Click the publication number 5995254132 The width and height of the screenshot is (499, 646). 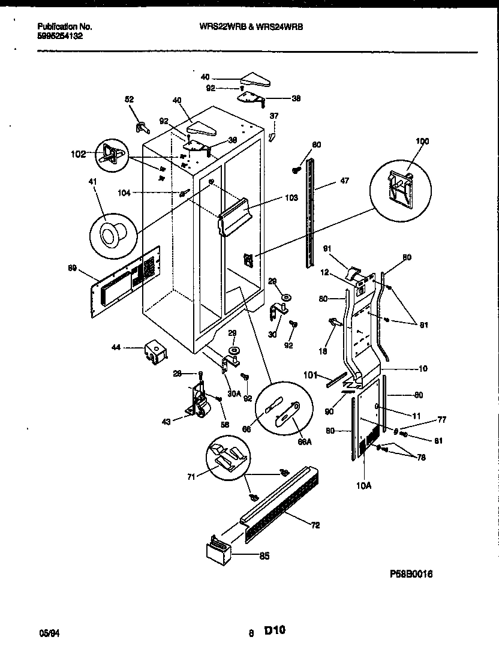coord(60,36)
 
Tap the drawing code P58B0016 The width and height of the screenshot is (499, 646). coord(411,574)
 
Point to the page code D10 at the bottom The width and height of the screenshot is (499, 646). coord(274,630)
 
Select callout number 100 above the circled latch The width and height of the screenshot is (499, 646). coord(423,141)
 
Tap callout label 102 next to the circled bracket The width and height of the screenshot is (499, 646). coord(78,154)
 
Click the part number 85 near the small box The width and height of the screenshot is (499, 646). coord(264,556)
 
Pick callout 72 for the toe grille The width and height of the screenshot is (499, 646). coord(315,525)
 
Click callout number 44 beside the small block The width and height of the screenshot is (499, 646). coord(116,347)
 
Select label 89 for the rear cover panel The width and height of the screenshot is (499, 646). coord(73,269)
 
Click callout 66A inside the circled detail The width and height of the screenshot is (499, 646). coord(305,441)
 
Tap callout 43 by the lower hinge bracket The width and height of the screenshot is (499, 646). coord(166,422)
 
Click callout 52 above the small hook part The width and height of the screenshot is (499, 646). coord(129,100)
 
